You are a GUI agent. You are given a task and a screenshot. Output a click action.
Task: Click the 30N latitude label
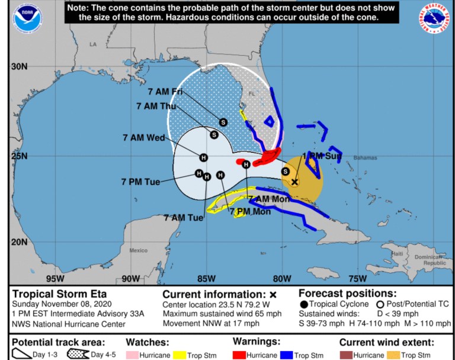point(19,66)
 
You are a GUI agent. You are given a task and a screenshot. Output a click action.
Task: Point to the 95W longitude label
point(55,279)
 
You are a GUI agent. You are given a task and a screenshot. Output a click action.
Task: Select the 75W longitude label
point(357,279)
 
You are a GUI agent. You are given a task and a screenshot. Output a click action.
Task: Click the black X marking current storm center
point(294,182)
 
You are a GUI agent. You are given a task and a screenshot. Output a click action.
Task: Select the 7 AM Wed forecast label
point(143,137)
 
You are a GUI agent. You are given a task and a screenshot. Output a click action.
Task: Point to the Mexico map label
point(138,250)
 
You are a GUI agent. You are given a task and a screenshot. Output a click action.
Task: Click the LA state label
point(92,44)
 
